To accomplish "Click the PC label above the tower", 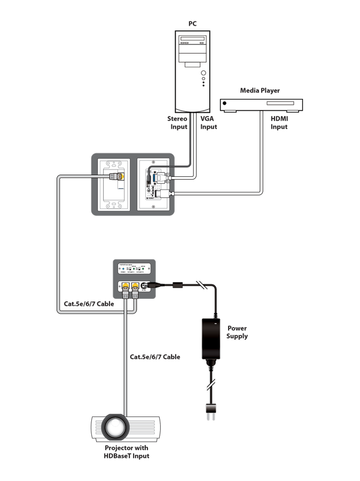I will tap(193, 24).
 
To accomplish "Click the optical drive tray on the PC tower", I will tap(193, 40).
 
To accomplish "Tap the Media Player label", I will tap(260, 91).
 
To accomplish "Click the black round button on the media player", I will tap(226, 103).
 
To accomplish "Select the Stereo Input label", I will tap(178, 123).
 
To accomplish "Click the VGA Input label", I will tap(208, 123).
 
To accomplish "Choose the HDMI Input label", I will tap(279, 123).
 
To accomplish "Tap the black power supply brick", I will tap(210, 339).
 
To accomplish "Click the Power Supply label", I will tap(237, 332).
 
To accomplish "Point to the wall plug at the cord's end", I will tap(211, 410).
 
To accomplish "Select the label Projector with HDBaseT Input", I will tap(127, 452).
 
